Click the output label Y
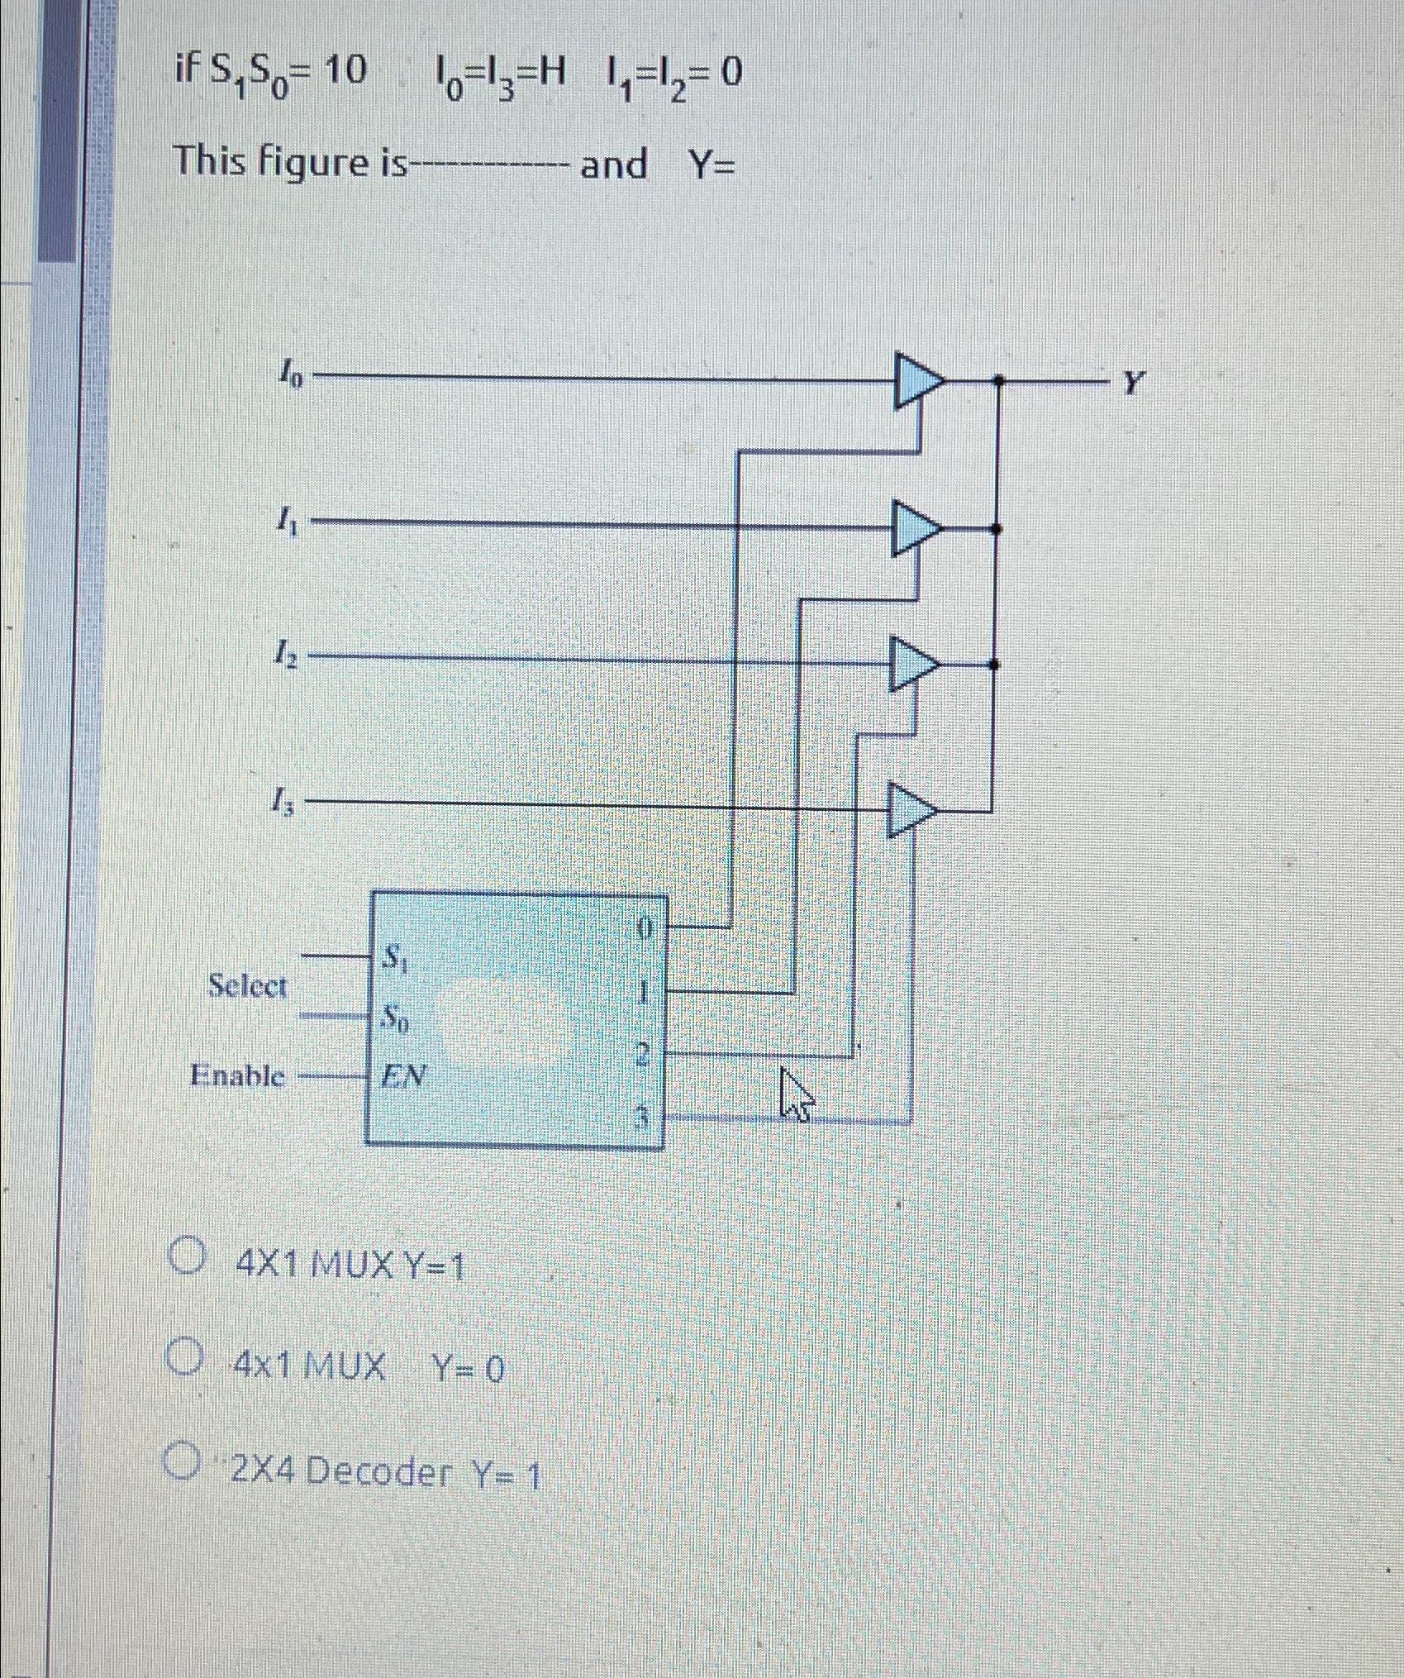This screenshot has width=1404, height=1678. tap(1135, 382)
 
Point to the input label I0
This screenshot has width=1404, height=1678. tap(290, 377)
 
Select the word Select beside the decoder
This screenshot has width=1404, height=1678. tap(247, 986)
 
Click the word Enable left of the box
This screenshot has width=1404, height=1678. tap(237, 1075)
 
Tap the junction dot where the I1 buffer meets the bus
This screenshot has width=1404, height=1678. tap(995, 528)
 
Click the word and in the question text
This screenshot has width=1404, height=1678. tap(613, 164)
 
